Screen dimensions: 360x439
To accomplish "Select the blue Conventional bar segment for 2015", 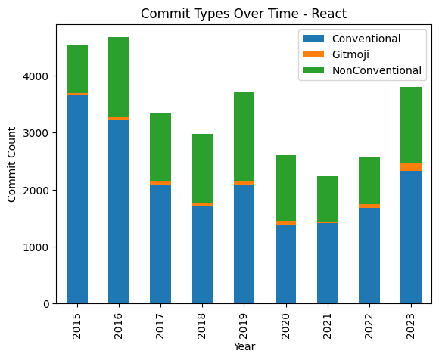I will point(77,199).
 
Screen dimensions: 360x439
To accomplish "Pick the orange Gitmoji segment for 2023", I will point(411,167).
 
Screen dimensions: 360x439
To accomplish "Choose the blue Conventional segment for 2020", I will point(285,264).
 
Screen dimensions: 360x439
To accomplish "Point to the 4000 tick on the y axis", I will point(39,76).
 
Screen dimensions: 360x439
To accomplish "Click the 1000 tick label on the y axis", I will point(39,247).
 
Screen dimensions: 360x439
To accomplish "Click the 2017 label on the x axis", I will point(160,322).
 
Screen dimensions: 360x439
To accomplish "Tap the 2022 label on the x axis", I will point(369,322).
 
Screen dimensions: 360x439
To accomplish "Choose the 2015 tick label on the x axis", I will point(77,322).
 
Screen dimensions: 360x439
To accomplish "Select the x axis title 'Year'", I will point(244,347).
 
